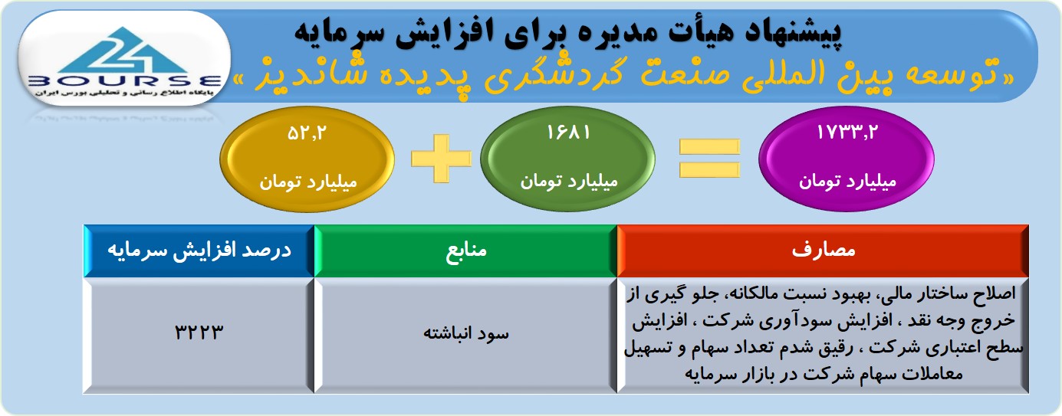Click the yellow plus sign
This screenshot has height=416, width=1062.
coord(441,159)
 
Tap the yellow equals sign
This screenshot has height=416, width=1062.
coord(709,159)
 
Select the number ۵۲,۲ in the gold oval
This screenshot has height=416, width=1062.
coord(307,133)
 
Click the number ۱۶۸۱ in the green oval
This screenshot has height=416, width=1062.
coord(568,133)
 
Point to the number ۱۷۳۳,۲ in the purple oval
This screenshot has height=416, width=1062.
coord(847,133)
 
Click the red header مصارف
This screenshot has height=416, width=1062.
coord(824,251)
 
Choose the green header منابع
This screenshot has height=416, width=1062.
coord(465,251)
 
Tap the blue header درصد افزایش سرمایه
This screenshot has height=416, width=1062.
coord(199,251)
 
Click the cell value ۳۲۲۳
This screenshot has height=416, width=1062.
coord(199,332)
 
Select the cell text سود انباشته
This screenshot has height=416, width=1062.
coord(466,333)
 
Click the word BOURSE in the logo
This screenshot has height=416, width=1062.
coord(124,80)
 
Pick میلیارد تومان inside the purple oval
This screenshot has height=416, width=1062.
coord(848,182)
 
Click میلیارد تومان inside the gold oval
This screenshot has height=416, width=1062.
coord(307,182)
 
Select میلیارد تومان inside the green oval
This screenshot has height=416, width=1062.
coord(569,181)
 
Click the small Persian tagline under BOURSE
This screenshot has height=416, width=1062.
coord(124,93)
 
